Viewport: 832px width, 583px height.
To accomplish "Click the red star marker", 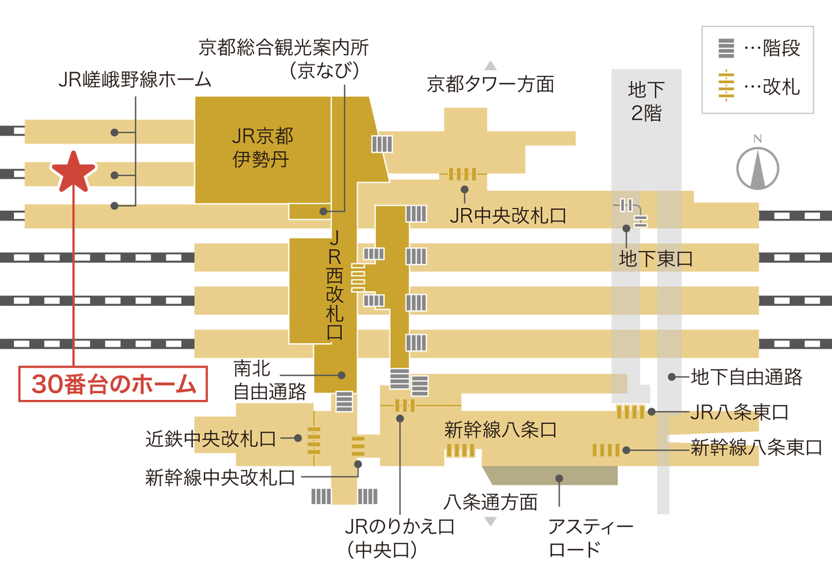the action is [x=73, y=172].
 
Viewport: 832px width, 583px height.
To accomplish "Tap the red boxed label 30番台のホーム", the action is [x=113, y=384].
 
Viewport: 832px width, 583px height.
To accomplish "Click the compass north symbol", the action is [x=757, y=167].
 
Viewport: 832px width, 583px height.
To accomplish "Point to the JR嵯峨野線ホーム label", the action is [x=135, y=80].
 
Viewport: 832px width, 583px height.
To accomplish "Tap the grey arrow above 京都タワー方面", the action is [x=491, y=66].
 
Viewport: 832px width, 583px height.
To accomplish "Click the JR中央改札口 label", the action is [x=508, y=216].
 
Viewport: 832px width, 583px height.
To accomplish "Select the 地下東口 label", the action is [x=655, y=259].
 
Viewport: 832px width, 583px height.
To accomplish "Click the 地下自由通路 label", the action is [x=746, y=377].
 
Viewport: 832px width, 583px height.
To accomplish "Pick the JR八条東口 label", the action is [x=740, y=412].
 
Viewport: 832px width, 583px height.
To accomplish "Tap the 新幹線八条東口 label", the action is [x=756, y=448].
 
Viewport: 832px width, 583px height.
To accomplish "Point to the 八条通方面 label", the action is [x=491, y=501].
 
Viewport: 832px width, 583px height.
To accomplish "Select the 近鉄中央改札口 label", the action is [x=211, y=438].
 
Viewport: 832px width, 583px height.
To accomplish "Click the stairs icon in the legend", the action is [x=725, y=49].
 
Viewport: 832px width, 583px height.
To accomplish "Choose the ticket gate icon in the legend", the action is [x=725, y=86].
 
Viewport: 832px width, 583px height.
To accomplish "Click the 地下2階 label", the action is [x=645, y=101].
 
